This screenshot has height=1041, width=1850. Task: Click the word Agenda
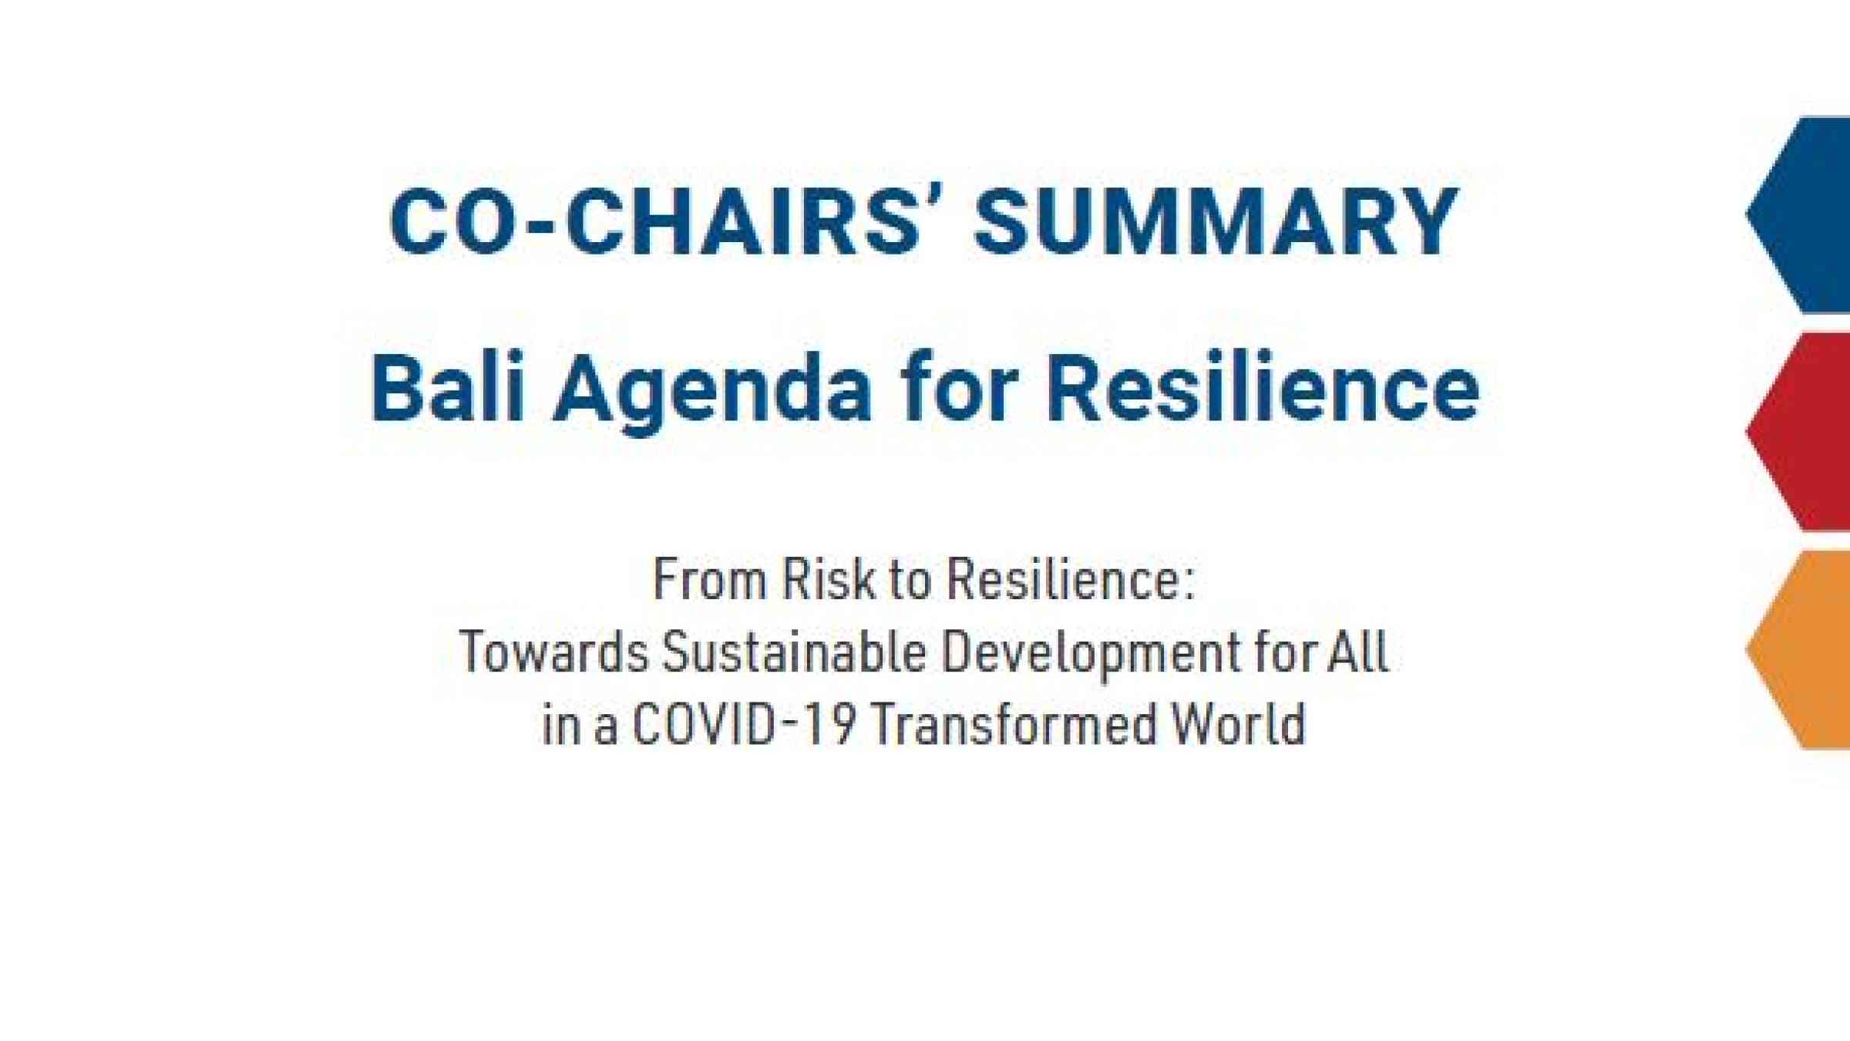[x=712, y=392]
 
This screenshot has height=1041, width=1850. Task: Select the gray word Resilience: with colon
[x=1071, y=579]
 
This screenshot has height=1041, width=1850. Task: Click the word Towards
[x=554, y=652]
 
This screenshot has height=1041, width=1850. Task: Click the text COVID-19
[x=744, y=724]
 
